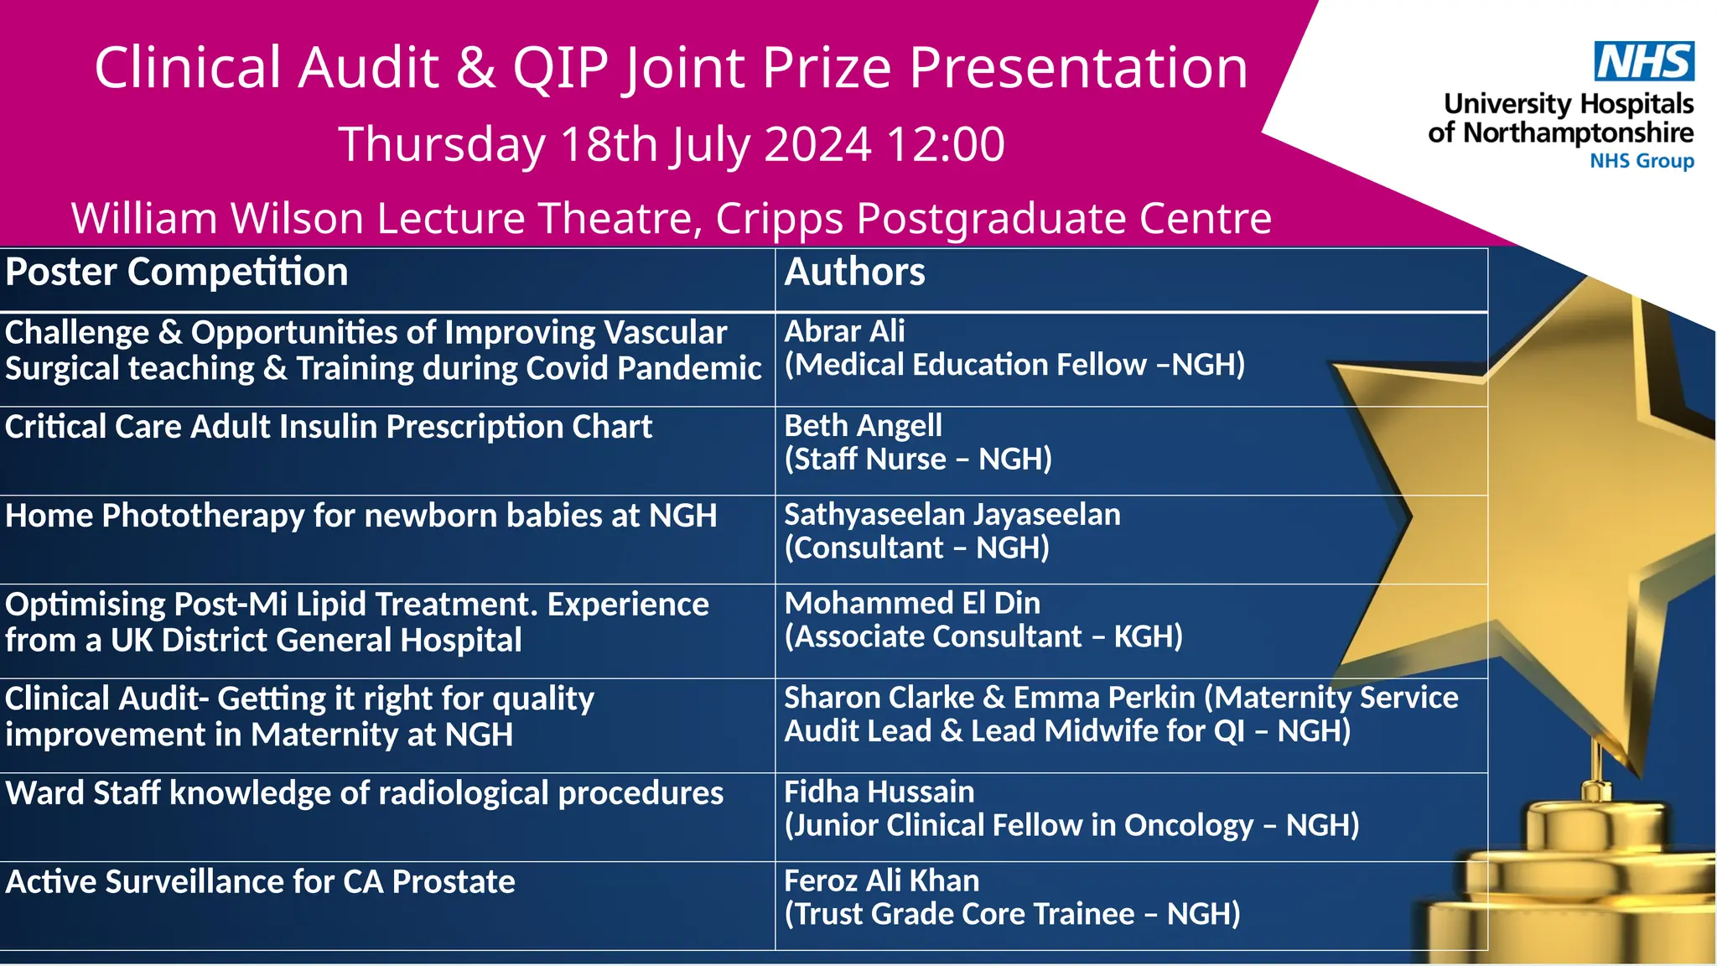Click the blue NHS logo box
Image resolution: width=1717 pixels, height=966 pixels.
1643,61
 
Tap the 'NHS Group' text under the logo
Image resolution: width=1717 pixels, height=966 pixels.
1642,160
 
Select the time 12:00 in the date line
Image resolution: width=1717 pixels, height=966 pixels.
945,144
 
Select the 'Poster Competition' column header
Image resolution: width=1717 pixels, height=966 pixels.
177,273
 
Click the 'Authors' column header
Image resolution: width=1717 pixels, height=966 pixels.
854,273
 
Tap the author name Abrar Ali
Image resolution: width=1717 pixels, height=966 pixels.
844,331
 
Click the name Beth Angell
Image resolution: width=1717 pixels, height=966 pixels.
863,426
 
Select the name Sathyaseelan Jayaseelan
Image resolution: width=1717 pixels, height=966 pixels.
952,514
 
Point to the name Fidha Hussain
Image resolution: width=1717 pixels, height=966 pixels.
879,792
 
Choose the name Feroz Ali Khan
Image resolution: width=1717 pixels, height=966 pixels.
881,880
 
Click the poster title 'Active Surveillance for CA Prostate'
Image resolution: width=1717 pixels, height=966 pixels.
260,882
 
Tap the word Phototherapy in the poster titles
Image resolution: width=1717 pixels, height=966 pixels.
203,516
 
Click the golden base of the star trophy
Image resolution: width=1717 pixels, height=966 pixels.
1593,889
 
